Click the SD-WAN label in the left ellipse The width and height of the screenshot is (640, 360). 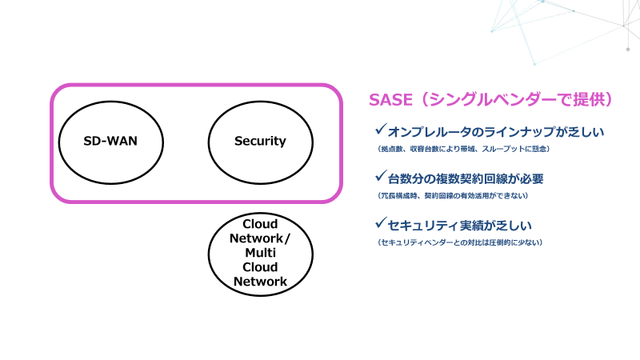point(111,142)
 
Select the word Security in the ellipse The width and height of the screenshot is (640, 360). point(260,142)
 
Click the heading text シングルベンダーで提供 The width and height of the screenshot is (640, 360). point(520,99)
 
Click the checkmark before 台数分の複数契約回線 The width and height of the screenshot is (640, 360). point(380,177)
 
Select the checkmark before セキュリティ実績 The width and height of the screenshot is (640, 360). point(380,224)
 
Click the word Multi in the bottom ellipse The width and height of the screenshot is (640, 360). point(260,253)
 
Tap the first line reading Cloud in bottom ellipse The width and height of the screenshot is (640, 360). point(260,224)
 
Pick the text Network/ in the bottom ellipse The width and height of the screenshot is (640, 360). point(260,238)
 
